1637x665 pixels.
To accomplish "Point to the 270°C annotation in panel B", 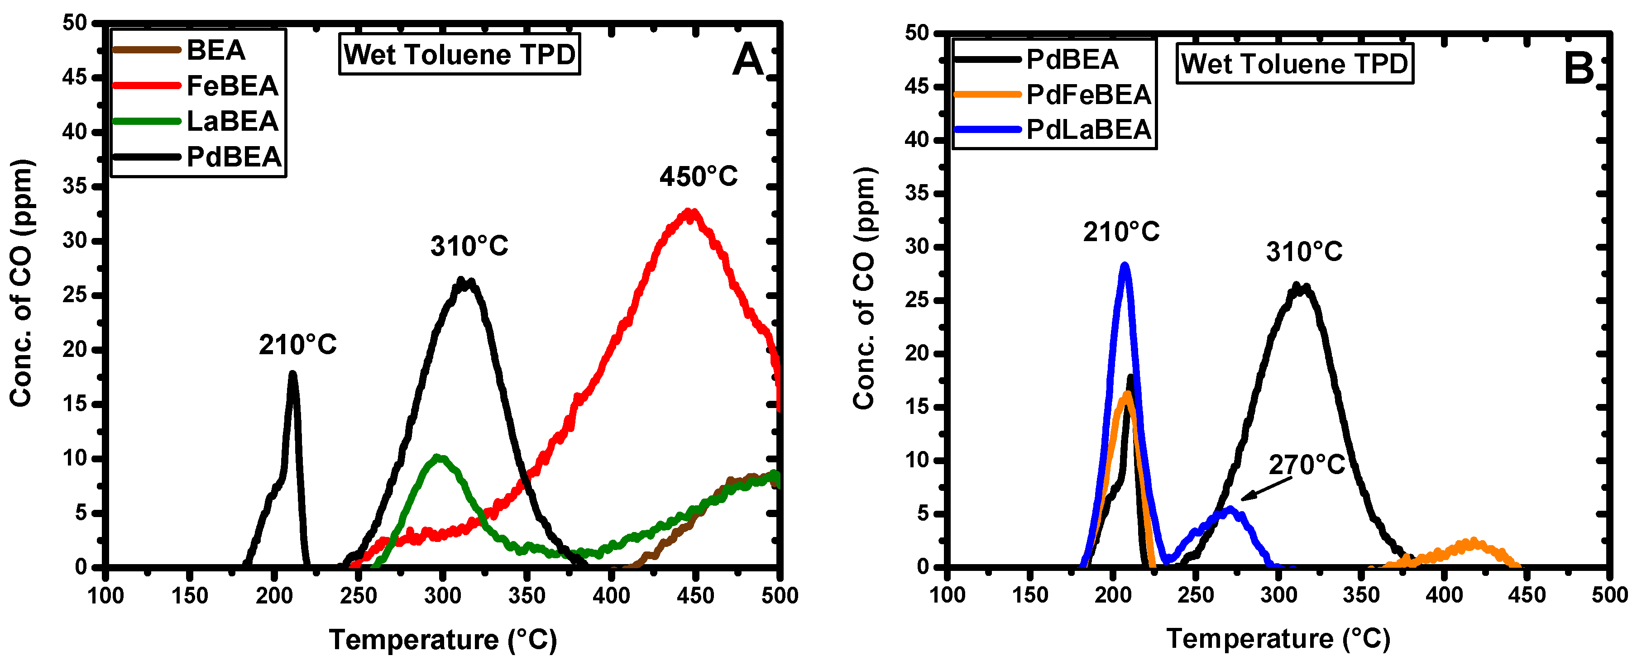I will tap(1307, 465).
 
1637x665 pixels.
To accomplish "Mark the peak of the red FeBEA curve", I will tap(690, 212).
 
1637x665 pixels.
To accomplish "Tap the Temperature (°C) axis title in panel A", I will tap(442, 640).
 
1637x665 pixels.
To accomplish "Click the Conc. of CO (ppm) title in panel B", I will tap(864, 289).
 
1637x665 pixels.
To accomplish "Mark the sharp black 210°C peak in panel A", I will tap(292, 375).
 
